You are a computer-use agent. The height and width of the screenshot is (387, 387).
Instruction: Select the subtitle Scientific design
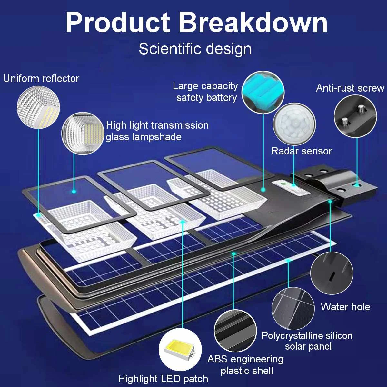pos(195,49)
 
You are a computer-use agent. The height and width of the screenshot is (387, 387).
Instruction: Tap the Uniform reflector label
pos(41,78)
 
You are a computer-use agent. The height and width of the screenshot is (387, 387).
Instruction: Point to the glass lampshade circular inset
pos(82,133)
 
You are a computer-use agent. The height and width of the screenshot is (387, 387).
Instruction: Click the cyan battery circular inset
pos(263,92)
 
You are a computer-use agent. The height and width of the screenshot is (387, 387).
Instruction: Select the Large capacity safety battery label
pos(206,92)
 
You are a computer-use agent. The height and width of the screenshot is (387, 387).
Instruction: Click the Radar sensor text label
pos(302,151)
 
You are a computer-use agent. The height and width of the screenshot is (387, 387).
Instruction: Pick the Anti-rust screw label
pos(350,88)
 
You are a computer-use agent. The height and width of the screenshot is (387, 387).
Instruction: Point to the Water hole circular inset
pos(332,273)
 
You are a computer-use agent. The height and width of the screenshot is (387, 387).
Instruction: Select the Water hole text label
pos(345,307)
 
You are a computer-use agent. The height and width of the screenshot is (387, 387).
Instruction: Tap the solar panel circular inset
pos(293,308)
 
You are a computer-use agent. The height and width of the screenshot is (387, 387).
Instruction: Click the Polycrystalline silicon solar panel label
pos(307,341)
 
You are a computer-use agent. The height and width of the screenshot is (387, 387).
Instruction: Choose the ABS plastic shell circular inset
pos(235,331)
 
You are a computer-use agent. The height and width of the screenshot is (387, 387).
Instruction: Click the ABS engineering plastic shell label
pos(246,365)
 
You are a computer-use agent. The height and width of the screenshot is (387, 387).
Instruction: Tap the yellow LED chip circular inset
pos(180,349)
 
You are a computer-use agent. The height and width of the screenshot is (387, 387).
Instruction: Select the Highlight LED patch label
pos(163,379)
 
